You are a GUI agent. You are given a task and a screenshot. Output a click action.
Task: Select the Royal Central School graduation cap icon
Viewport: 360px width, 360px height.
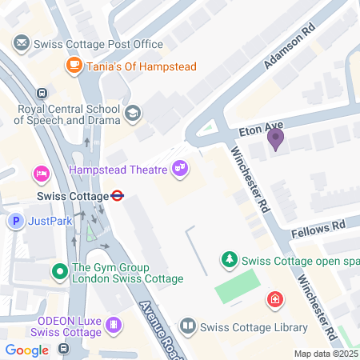(133, 114)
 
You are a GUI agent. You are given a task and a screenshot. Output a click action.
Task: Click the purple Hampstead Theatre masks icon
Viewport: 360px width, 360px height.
(179, 168)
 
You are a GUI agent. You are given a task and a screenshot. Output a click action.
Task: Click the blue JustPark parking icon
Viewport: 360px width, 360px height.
(14, 221)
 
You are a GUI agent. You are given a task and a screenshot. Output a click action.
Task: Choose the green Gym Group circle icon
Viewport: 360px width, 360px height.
(59, 272)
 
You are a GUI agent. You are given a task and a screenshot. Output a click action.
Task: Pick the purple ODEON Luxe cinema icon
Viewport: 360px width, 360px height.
(114, 324)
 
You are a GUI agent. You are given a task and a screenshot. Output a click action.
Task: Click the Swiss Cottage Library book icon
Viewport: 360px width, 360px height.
(187, 326)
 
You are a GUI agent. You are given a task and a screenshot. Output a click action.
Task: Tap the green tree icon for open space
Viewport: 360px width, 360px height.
(229, 259)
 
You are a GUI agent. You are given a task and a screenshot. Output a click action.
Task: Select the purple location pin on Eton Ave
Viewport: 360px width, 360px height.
(275, 139)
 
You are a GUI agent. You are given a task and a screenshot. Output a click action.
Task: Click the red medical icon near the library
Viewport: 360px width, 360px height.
(274, 300)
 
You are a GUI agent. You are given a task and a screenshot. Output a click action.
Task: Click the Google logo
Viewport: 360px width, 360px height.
(26, 350)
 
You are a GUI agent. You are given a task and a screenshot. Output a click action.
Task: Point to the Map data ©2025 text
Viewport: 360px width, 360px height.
(326, 354)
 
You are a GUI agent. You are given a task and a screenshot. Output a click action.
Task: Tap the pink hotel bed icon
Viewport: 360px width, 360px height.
(40, 174)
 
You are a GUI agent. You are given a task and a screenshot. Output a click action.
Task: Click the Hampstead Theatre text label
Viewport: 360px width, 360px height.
(117, 170)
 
